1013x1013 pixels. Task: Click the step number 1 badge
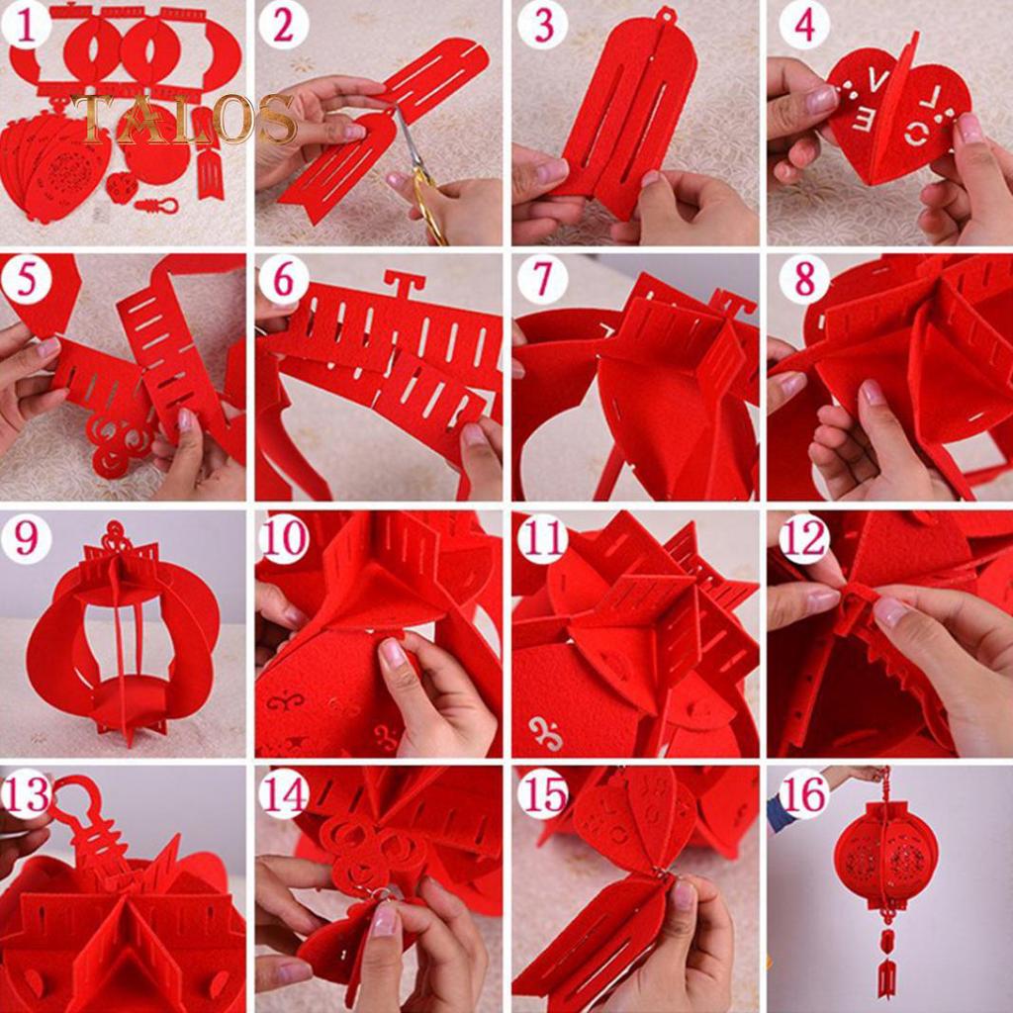(28, 27)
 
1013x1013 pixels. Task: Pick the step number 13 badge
(27, 792)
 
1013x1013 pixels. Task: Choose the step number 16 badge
(803, 792)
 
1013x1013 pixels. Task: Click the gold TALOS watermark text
(184, 119)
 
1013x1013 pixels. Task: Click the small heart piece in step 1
(122, 186)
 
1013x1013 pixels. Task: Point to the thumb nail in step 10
(393, 652)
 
